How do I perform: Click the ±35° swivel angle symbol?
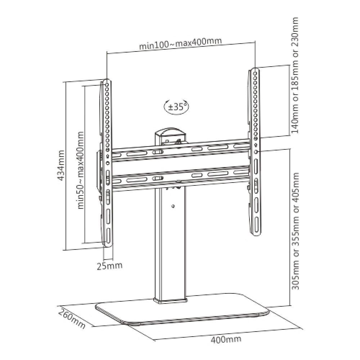tap(176, 107)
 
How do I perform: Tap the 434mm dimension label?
tap(60, 165)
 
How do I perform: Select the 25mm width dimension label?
tap(109, 266)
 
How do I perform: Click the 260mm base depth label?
tap(72, 319)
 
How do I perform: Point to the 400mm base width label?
tap(226, 339)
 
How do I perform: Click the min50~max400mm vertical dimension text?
tap(80, 170)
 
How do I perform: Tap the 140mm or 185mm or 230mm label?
tap(295, 75)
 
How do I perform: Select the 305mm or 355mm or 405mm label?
tap(295, 231)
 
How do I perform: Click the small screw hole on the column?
tap(174, 206)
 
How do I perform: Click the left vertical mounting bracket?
tap(107, 163)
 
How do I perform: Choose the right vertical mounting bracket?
tap(255, 152)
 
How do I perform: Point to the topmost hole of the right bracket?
tap(255, 73)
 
